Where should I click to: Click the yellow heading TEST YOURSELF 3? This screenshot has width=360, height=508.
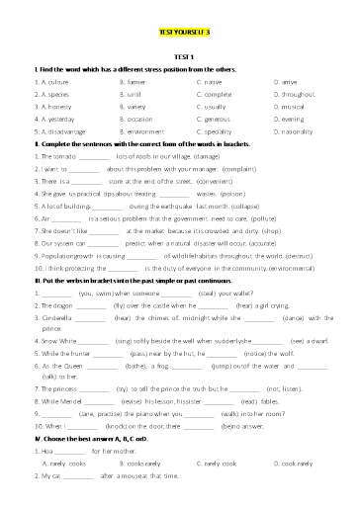(x=179, y=33)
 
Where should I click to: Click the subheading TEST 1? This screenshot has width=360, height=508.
(x=179, y=59)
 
